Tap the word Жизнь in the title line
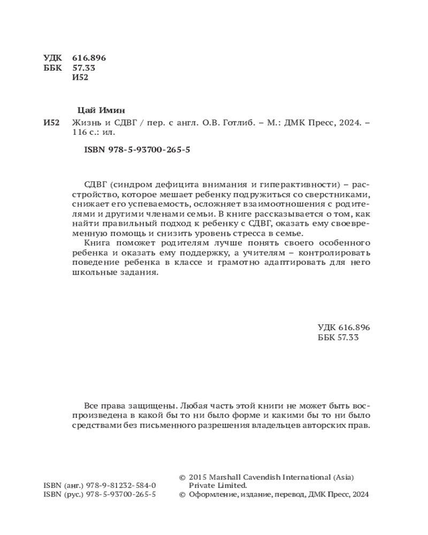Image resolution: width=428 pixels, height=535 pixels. pyautogui.click(x=85, y=123)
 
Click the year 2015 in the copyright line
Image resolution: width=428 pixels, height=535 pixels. pyautogui.click(x=198, y=476)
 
